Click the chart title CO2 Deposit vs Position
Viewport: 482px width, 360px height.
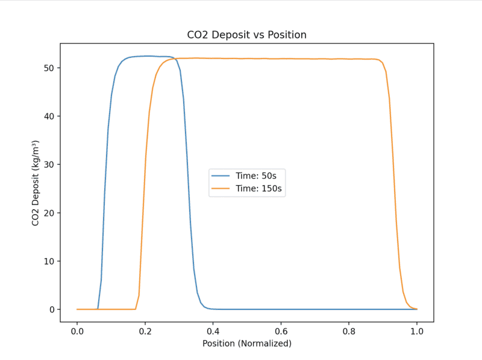point(246,35)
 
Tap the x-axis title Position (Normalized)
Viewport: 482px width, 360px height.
point(246,344)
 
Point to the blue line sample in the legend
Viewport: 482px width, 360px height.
point(221,175)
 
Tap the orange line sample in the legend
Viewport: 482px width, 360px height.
point(221,189)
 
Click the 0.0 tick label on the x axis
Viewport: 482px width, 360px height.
point(77,331)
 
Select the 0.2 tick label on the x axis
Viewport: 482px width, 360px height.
point(145,331)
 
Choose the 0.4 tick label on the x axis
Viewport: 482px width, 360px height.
point(213,331)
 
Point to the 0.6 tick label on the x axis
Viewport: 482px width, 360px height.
point(281,331)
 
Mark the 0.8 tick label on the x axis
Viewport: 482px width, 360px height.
point(349,331)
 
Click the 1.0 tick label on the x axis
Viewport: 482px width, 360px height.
point(417,331)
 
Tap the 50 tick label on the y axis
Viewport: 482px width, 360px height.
point(50,68)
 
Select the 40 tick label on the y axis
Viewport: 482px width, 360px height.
point(50,116)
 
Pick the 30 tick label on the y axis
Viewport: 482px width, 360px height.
point(50,165)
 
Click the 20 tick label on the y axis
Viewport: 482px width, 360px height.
point(50,213)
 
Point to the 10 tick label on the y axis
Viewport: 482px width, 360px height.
point(50,261)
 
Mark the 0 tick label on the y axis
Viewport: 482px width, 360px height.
point(52,309)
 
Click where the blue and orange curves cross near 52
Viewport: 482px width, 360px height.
point(174,58)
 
